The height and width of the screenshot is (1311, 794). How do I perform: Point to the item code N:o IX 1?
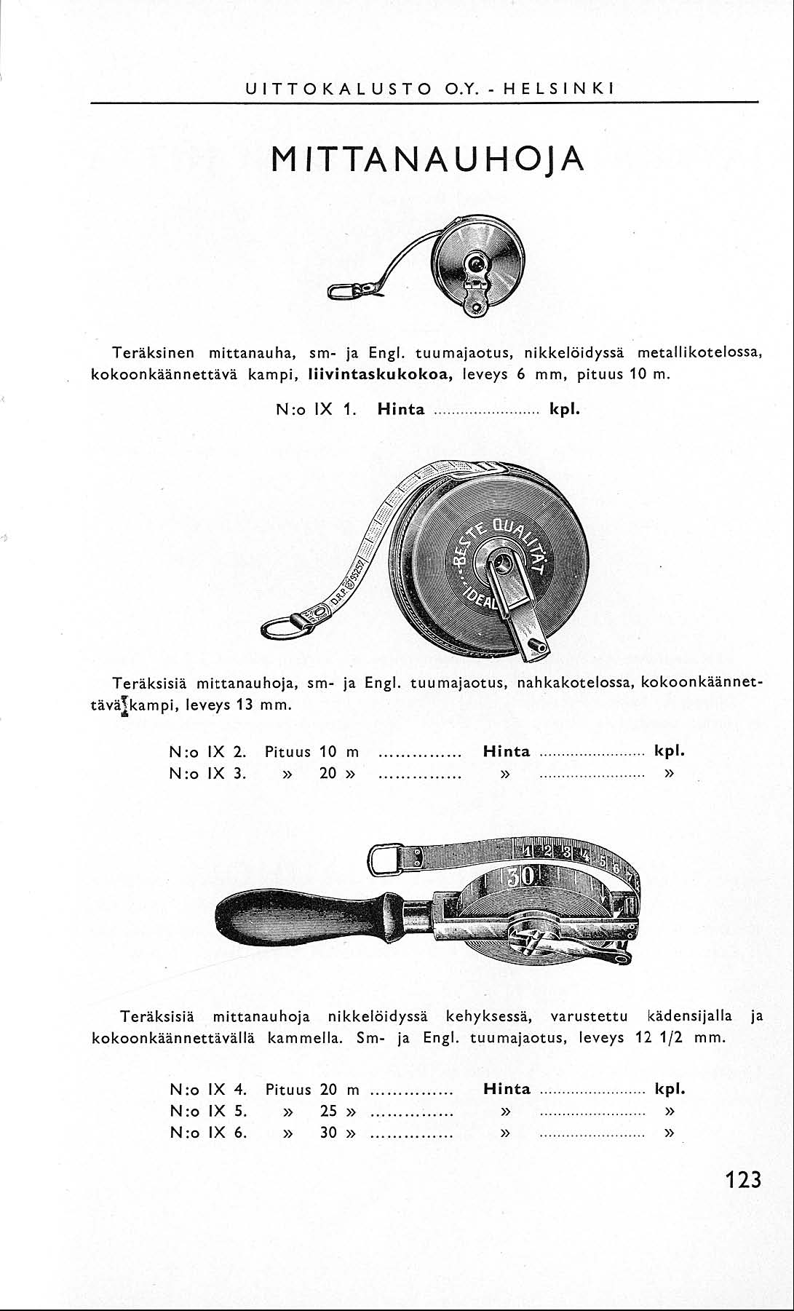315,409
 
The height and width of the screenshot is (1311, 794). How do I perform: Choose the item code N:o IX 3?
207,773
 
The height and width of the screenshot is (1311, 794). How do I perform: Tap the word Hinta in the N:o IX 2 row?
507,752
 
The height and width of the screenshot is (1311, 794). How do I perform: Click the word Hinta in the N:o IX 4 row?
507,1090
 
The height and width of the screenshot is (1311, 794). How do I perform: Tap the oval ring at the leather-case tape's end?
280,626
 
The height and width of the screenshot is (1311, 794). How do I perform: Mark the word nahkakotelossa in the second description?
573,684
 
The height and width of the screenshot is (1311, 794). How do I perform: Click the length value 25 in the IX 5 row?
329,1112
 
